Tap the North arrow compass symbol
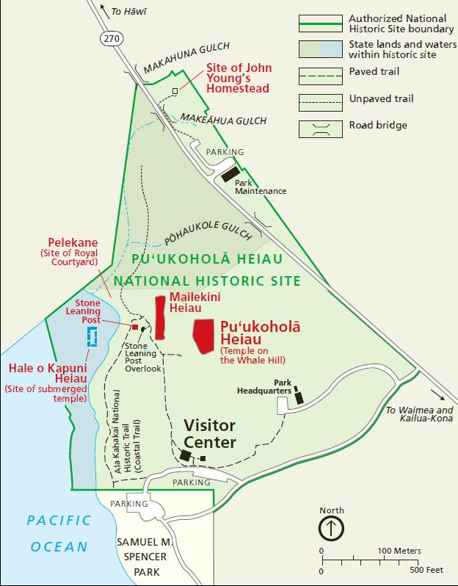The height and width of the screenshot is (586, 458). click(331, 527)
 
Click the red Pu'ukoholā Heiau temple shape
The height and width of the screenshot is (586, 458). click(206, 335)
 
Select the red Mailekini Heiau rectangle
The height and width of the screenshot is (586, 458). click(160, 317)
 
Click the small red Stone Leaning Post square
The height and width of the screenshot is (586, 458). click(134, 327)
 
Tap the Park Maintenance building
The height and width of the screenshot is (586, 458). click(229, 175)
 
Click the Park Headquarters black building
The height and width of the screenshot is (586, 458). click(298, 397)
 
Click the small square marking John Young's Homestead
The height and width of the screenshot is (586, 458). click(175, 90)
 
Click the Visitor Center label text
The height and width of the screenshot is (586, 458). click(209, 434)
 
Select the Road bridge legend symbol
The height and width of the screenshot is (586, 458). click(321, 126)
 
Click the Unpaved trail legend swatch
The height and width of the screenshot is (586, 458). click(321, 100)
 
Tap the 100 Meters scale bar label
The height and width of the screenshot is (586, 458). click(400, 551)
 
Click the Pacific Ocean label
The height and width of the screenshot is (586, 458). click(58, 533)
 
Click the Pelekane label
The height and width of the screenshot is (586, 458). click(73, 241)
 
